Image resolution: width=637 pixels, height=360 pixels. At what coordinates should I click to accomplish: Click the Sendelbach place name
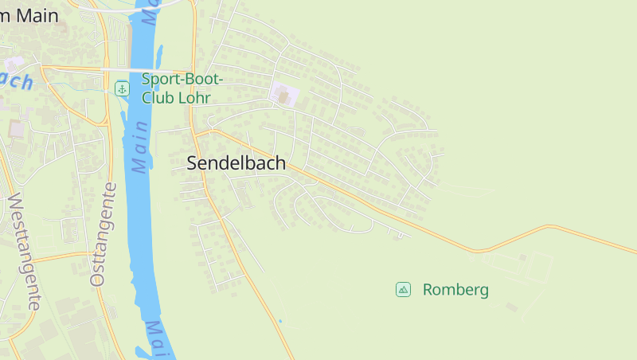236,163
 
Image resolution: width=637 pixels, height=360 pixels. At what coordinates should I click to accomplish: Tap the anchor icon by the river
122,88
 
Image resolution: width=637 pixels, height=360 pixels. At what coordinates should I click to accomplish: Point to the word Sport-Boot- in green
182,79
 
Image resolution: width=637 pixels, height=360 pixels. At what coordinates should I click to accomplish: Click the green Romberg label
455,289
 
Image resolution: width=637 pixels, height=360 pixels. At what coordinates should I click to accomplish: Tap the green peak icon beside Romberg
404,289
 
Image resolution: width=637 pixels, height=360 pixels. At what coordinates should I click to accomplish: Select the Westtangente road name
23,250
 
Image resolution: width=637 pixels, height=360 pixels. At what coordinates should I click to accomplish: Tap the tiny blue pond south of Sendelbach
279,321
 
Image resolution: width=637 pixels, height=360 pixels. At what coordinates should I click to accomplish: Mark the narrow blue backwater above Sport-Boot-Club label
159,56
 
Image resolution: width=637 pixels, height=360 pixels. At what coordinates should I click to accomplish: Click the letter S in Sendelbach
193,163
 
